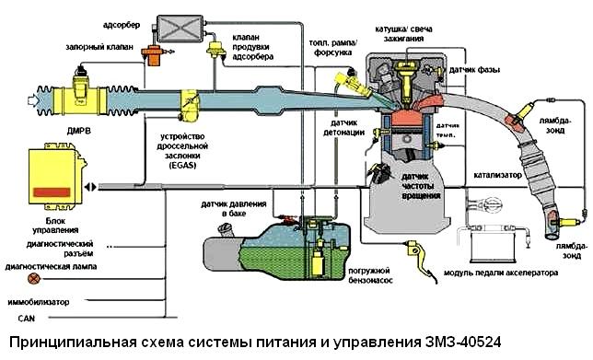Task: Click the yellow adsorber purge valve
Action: [x=220, y=48]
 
